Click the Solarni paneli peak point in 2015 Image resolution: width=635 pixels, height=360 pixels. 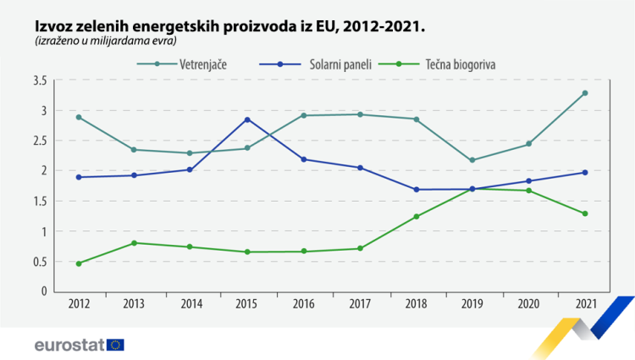point(247,119)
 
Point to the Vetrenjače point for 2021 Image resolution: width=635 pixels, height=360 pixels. point(585,93)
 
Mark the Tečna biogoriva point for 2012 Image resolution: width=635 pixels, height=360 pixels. point(79,263)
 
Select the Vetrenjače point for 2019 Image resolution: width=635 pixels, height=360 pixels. point(472,160)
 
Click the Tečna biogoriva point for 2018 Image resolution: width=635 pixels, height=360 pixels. point(417,217)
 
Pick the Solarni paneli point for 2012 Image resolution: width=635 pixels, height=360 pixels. point(79,177)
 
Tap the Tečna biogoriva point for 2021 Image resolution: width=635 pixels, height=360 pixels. point(585,213)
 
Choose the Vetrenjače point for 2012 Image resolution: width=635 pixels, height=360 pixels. point(79,117)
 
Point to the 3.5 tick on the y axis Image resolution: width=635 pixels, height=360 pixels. point(39,80)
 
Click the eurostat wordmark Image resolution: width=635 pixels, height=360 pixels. point(69,345)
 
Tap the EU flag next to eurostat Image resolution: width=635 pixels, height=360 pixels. point(115,345)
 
